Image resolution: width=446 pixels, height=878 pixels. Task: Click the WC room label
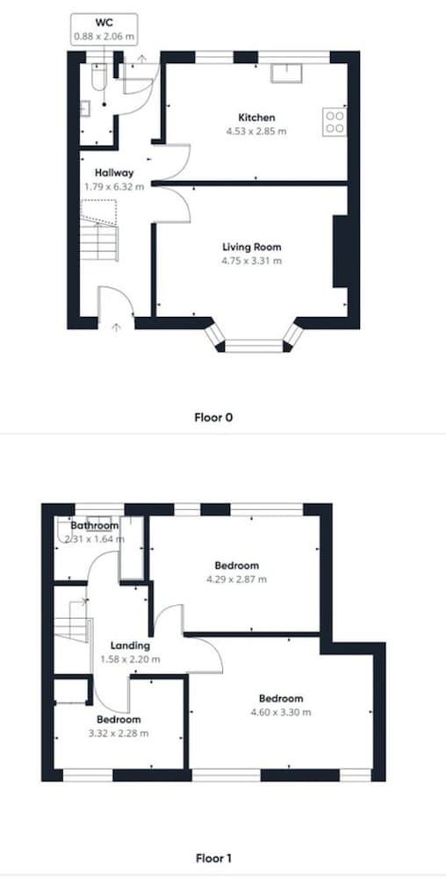(x=104, y=24)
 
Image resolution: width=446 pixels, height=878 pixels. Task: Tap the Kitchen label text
(x=257, y=118)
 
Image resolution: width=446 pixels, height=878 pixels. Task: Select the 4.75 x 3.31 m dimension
(x=251, y=261)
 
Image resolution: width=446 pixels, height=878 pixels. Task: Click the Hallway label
(x=114, y=172)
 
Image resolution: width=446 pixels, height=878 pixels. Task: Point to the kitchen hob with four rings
(x=334, y=122)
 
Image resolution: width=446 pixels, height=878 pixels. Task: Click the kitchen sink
(x=286, y=74)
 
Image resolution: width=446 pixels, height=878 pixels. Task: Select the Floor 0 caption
(x=213, y=417)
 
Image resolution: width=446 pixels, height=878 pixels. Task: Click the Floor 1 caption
(x=213, y=858)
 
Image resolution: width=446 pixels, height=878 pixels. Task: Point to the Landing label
(x=130, y=645)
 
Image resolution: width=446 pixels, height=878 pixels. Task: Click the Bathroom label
(x=95, y=526)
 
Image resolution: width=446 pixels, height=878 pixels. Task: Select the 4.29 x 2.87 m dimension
(x=236, y=579)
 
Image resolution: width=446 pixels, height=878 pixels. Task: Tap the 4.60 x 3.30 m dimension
(x=281, y=712)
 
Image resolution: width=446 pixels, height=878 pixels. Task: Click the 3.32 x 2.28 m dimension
(x=118, y=733)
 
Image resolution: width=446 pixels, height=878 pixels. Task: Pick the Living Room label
(x=251, y=247)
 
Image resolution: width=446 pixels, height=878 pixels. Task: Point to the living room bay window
(x=254, y=339)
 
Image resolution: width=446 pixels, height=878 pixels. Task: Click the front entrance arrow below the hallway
(x=116, y=327)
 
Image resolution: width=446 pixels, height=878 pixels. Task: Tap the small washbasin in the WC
(x=84, y=108)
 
